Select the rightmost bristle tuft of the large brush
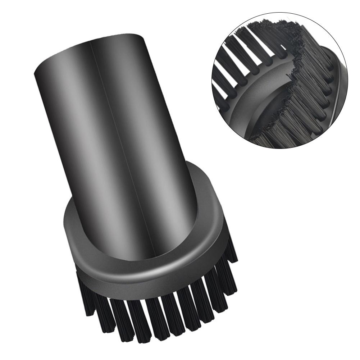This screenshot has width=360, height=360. tap(232, 248)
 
